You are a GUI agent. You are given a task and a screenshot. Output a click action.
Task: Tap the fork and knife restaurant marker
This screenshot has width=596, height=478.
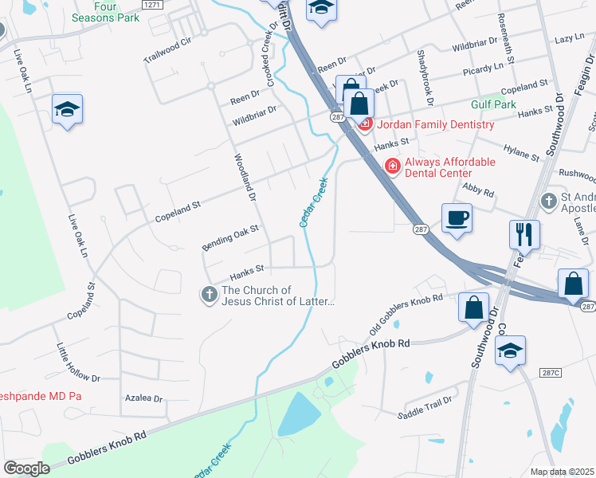click(523, 234)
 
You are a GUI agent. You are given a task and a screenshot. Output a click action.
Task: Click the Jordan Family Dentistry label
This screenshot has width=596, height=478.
click(435, 124)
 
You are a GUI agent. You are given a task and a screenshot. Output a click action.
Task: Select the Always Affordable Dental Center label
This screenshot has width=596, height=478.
click(449, 167)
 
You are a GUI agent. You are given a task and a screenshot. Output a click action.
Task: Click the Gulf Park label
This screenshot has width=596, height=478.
click(493, 104)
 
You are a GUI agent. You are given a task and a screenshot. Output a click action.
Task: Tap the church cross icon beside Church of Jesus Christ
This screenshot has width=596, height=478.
click(209, 296)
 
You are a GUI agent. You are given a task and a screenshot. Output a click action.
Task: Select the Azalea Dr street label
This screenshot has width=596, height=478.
click(143, 398)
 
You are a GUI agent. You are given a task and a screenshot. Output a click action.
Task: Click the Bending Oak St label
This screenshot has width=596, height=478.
click(230, 238)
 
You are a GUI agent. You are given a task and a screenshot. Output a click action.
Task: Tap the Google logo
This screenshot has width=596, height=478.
click(27, 468)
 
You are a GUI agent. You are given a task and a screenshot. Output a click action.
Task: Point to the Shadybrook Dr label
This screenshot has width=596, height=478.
click(424, 78)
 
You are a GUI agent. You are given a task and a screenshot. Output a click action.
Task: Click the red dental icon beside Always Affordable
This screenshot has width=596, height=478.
click(392, 167)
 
